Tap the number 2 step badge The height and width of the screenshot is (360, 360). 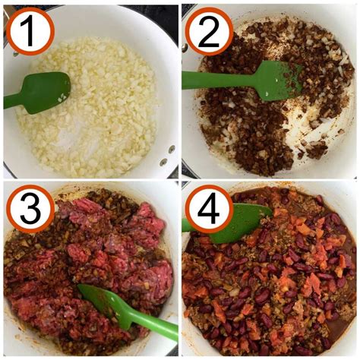pos(209,31)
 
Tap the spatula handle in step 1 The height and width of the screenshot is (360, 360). pos(14,100)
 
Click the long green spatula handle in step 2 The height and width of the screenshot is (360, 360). pos(213,79)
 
